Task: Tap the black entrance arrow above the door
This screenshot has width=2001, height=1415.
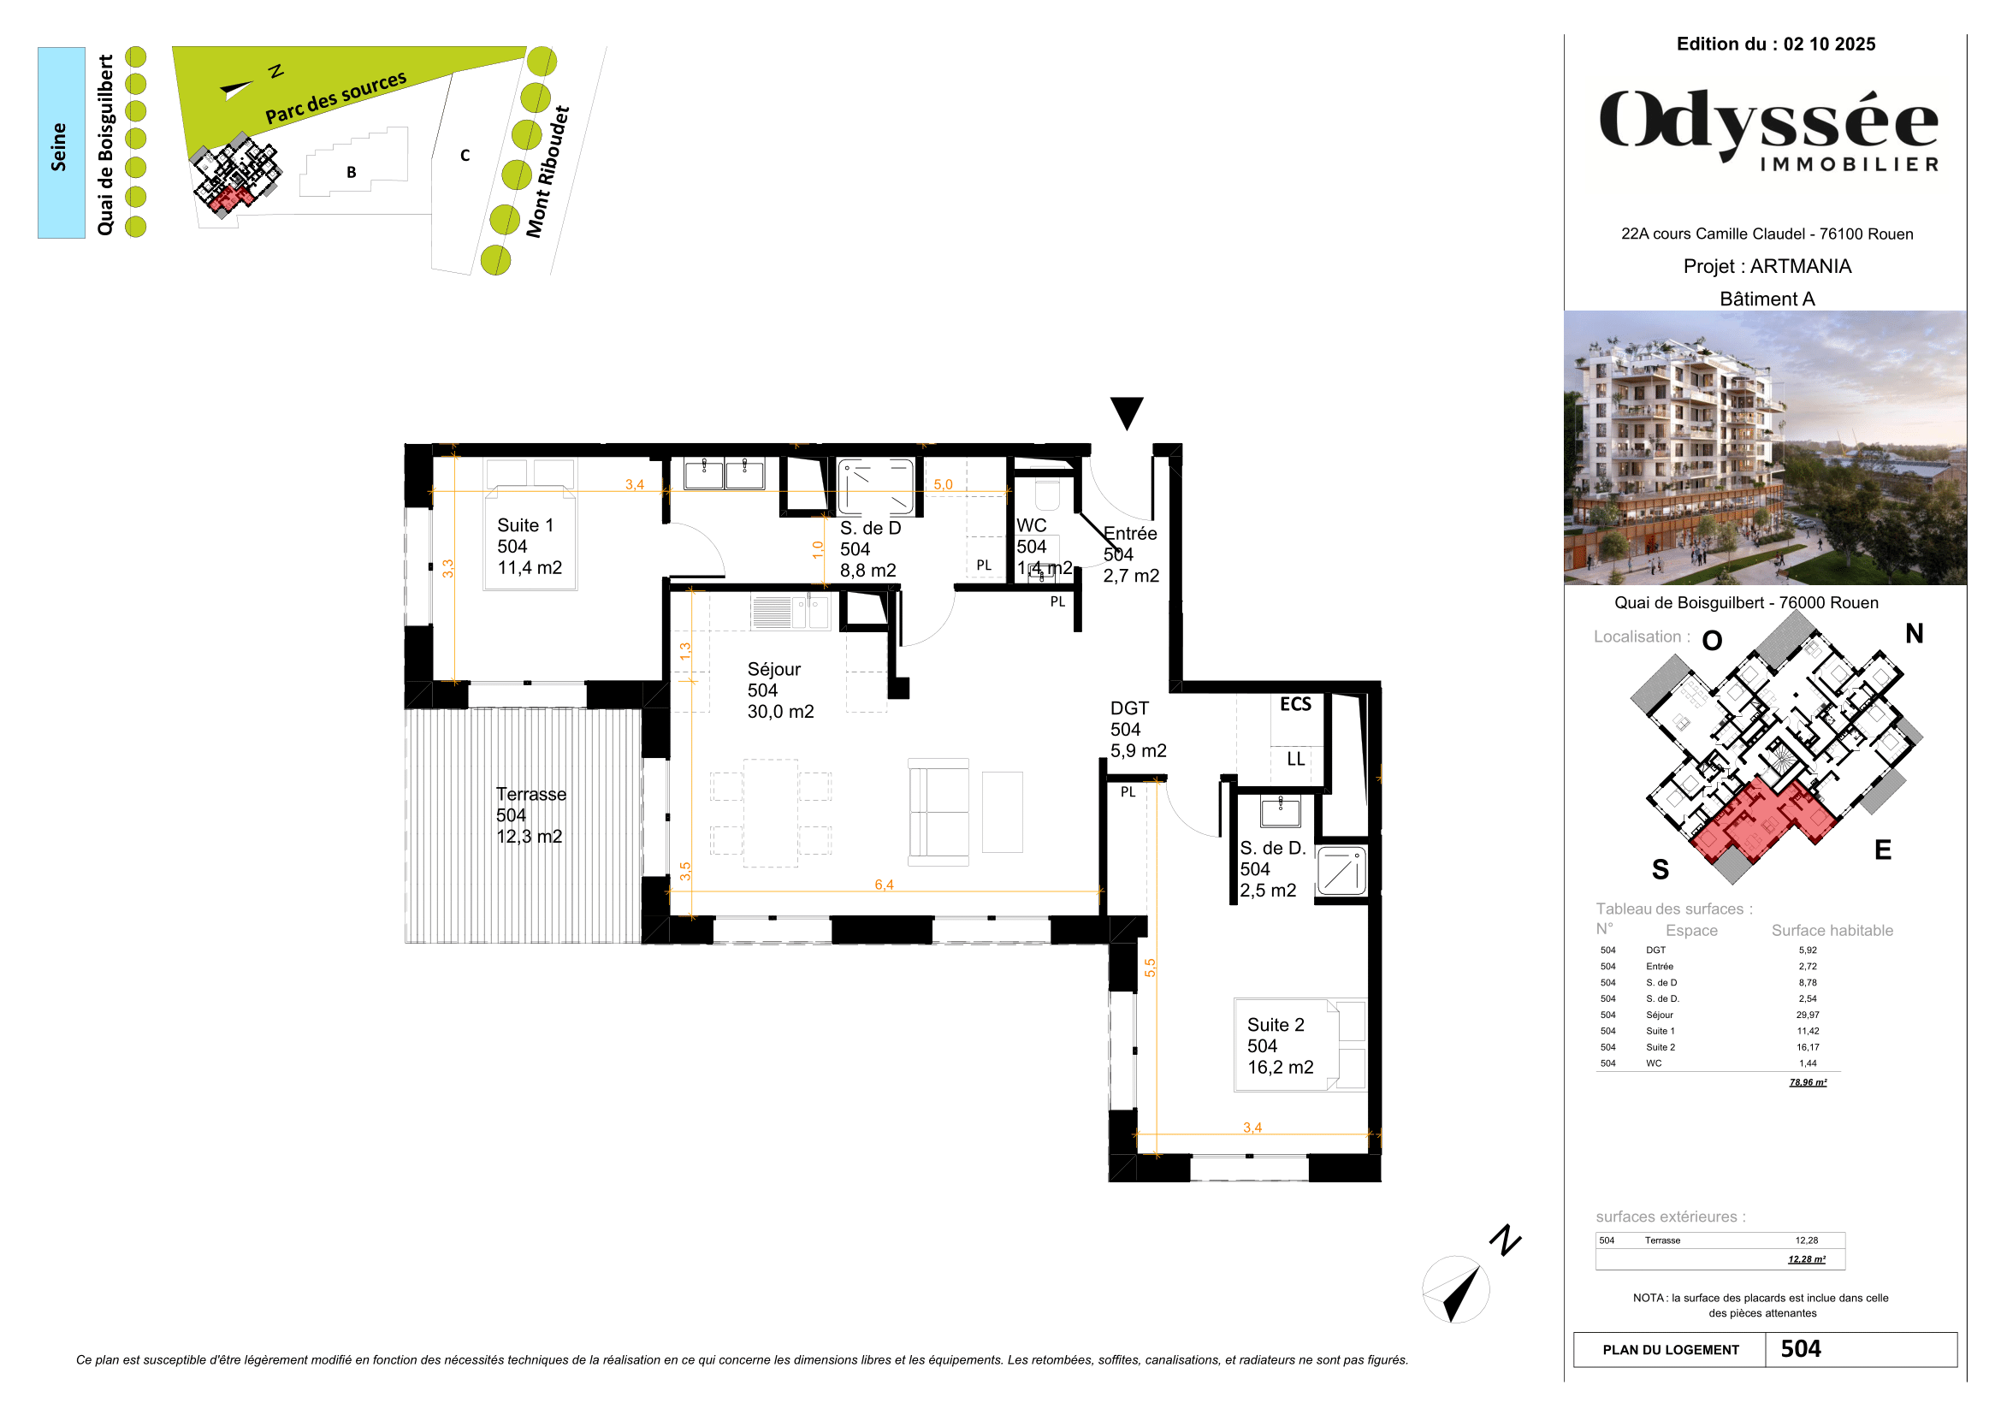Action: (1126, 412)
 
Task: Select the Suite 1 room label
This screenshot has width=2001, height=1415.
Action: (525, 525)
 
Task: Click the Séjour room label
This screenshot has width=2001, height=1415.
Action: (774, 669)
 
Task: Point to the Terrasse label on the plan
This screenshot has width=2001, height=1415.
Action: (530, 795)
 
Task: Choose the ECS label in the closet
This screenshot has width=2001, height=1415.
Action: (1295, 704)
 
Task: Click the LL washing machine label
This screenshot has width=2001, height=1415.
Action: (1296, 759)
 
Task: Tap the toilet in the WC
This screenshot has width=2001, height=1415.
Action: (1046, 494)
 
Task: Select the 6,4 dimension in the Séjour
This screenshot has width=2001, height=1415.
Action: (884, 885)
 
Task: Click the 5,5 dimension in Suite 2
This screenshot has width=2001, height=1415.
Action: (1150, 968)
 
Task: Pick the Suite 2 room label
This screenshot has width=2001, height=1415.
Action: (1275, 1026)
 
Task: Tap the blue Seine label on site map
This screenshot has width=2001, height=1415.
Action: (59, 145)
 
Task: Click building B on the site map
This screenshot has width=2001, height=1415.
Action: (352, 172)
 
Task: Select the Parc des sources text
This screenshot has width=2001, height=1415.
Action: (335, 98)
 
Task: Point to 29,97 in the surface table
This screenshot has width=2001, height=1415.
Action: (1807, 1015)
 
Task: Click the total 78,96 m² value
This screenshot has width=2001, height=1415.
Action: (1808, 1082)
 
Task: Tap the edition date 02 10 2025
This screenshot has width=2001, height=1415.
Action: (1828, 44)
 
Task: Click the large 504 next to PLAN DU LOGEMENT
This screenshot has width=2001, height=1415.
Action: (1801, 1349)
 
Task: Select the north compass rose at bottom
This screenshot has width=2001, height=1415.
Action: (1455, 1288)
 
